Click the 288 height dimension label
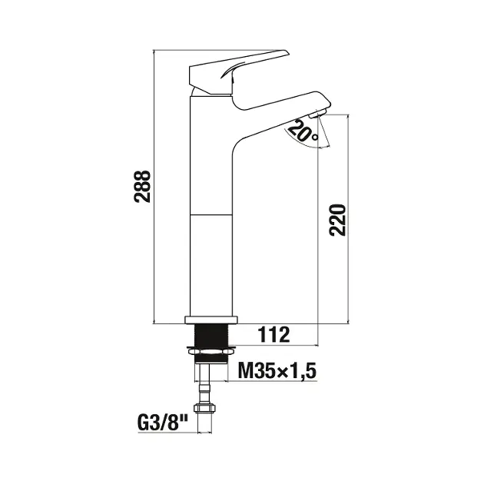142,186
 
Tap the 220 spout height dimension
337,220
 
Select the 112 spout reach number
273,335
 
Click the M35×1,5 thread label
277,370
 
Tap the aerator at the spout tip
317,114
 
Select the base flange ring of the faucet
211,320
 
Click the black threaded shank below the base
211,335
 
